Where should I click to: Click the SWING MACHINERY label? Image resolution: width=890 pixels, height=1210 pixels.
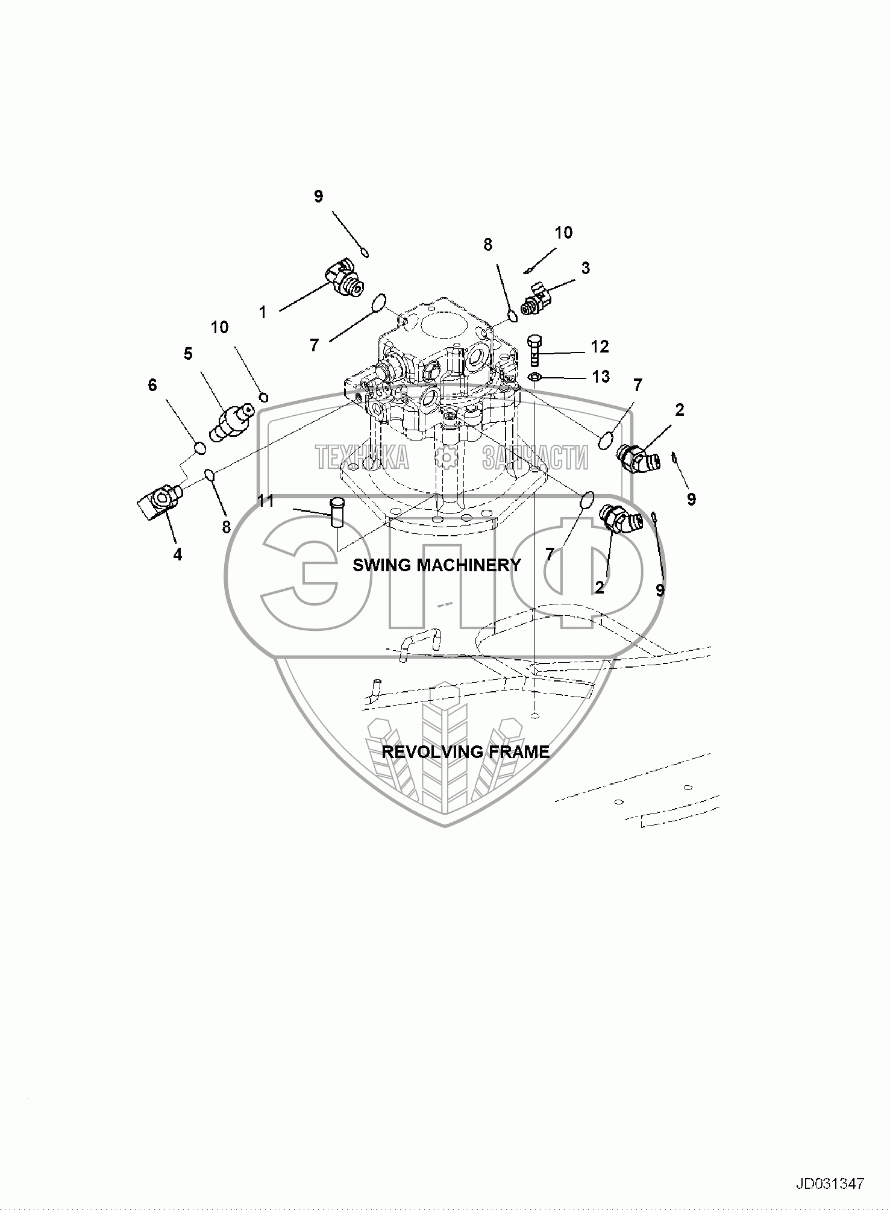[436, 565]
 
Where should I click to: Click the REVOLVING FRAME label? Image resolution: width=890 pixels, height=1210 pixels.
[466, 752]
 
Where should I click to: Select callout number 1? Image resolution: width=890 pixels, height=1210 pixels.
[263, 312]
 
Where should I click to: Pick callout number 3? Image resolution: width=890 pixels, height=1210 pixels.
[585, 268]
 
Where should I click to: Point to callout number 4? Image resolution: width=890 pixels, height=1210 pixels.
[178, 554]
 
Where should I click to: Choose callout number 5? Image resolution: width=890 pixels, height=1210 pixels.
[188, 354]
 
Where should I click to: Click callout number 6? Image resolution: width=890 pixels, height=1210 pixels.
[152, 384]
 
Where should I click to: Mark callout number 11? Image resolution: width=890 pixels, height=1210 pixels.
[266, 501]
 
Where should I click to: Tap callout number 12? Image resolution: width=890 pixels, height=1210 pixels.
[600, 346]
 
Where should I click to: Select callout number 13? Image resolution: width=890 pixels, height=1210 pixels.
[601, 377]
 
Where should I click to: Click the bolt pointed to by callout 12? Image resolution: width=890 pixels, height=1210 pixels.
[534, 351]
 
